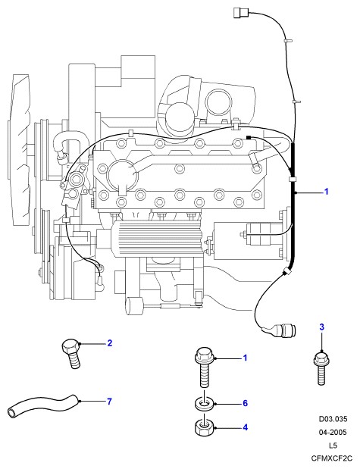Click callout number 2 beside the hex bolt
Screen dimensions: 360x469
click(110, 342)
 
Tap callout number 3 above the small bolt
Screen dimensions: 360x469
click(321, 327)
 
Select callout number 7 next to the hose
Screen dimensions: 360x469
click(110, 402)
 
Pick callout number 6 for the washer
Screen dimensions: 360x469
click(245, 404)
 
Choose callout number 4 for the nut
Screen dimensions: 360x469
click(245, 427)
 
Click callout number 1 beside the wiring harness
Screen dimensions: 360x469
click(327, 192)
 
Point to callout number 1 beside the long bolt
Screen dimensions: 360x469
click(245, 358)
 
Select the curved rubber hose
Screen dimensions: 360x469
click(43, 405)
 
